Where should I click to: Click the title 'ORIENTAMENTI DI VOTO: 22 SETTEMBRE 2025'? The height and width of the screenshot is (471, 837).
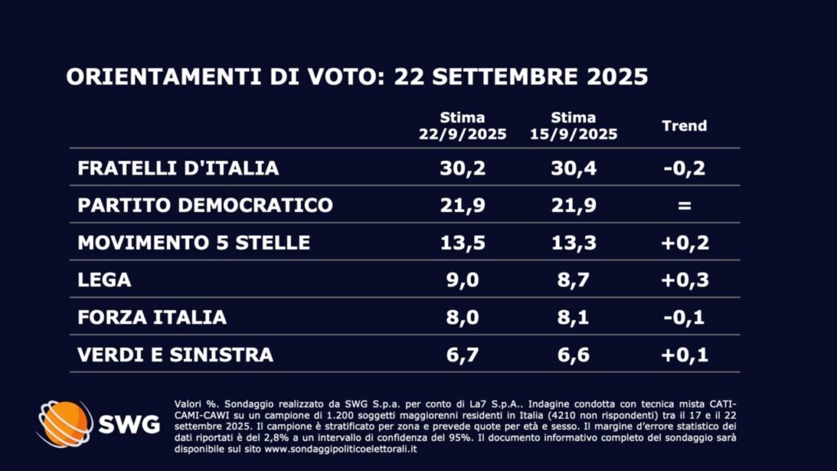(356, 77)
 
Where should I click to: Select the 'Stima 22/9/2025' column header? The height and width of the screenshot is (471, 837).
(462, 126)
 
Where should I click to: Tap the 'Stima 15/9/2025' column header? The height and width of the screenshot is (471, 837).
(573, 126)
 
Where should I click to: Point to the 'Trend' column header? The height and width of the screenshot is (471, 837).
(684, 126)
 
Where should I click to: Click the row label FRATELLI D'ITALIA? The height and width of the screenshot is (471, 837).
(178, 168)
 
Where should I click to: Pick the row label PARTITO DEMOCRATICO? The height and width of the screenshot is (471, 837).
(205, 204)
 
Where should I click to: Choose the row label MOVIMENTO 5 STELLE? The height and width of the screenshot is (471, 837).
(194, 242)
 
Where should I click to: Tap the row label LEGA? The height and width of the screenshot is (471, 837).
(105, 280)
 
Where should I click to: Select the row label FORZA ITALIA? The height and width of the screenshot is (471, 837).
(152, 317)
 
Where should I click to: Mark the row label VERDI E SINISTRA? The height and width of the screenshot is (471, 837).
(175, 354)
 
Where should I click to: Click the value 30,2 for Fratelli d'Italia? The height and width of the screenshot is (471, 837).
(462, 168)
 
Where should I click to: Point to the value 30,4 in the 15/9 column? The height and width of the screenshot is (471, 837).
(573, 168)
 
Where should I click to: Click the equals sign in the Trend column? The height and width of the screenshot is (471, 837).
(684, 205)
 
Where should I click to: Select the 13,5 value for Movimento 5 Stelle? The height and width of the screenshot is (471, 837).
(462, 242)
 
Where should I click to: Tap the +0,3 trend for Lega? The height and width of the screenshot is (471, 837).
(684, 280)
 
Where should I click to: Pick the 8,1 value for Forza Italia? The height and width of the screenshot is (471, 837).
(573, 317)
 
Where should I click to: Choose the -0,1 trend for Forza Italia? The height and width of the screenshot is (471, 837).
(684, 317)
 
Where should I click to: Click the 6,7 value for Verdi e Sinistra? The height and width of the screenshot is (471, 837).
(462, 354)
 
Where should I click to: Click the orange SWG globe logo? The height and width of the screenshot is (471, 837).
(65, 424)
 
